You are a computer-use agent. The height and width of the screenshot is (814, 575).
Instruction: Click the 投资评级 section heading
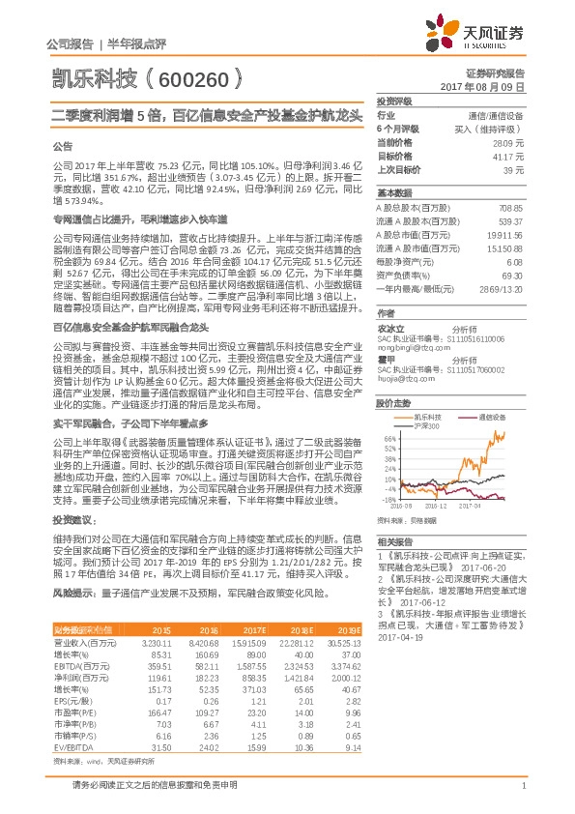coord(394,101)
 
